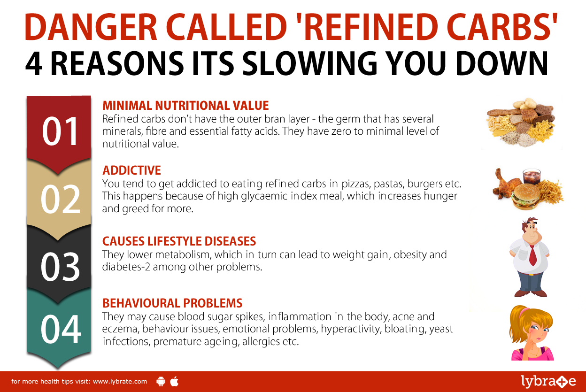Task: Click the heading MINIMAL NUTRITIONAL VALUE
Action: coord(185,105)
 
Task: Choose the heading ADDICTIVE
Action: coord(131,170)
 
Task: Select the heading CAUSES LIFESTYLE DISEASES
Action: coord(179,241)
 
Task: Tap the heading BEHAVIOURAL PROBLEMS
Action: coord(172,303)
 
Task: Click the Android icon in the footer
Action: coord(161,381)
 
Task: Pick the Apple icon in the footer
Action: coord(174,381)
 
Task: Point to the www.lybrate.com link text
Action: coord(120,382)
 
